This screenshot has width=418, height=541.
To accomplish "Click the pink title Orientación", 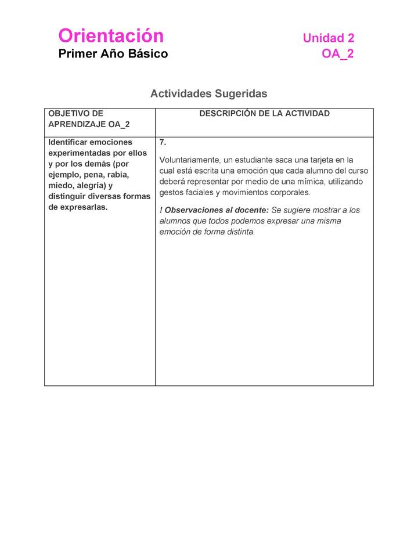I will point(111,36).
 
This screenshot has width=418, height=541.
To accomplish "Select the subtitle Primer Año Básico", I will point(113,54).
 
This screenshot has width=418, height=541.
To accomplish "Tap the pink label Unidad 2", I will point(328,38).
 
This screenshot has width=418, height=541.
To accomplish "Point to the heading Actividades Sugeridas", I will point(208,93).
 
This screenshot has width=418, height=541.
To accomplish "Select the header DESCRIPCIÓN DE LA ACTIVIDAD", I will point(264,114).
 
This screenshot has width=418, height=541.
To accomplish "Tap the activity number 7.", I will point(163,142).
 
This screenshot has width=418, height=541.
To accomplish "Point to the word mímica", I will point(312,182).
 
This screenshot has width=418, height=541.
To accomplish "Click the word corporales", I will point(289,193).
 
